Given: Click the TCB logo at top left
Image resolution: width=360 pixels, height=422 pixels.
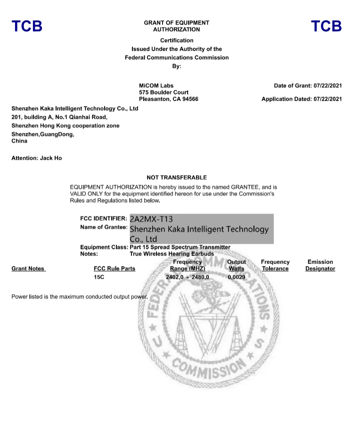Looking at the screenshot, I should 27,26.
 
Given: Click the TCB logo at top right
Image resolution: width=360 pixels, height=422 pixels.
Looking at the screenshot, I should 327,26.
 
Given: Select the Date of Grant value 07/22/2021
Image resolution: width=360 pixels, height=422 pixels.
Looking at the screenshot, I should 327,86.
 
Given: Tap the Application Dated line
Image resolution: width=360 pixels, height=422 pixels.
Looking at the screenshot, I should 302,99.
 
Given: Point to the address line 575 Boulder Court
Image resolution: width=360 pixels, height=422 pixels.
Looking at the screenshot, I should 164,92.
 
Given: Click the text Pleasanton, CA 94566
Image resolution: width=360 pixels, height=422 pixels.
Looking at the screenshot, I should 168,99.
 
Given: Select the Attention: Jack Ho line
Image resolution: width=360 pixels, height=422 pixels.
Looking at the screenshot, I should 36,158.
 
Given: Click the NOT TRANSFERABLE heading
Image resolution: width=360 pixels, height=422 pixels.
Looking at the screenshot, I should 177,178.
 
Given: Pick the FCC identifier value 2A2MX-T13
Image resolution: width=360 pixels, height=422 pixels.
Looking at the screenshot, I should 151,219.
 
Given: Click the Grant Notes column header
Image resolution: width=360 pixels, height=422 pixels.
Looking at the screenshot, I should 28,269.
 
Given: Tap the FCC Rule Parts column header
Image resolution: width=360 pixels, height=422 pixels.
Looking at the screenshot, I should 115,269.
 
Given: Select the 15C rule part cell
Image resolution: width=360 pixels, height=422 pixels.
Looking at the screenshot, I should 99,278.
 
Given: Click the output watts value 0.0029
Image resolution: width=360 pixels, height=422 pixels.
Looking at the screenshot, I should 236,278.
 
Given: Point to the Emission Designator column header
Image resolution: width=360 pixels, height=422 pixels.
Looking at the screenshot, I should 320,265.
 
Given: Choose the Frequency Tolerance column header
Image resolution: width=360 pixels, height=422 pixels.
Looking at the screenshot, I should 275,265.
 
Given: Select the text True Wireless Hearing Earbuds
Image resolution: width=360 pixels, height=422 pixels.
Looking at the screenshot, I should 172,254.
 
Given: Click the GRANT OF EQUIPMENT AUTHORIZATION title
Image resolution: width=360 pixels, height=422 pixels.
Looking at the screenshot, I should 177,26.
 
